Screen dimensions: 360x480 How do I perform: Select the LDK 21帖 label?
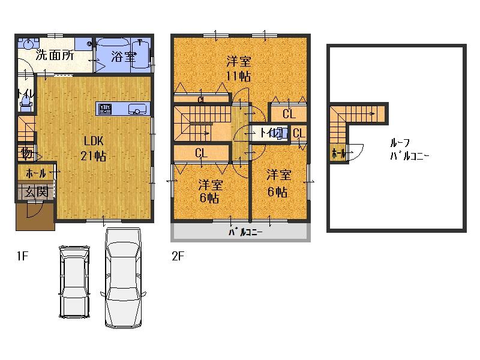tap(94, 148)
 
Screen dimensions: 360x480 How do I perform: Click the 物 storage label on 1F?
tap(26, 154)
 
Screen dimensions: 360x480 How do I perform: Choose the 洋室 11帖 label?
tap(239, 68)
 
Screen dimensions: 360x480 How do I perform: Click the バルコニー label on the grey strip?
tap(245, 233)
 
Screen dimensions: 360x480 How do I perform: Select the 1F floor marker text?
tap(22, 257)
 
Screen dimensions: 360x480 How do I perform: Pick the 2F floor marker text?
tap(177, 257)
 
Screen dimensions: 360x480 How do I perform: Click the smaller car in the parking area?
tap(74, 280)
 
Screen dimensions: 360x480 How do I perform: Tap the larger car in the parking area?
tap(122, 278)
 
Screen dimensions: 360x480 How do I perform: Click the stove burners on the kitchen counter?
tap(105, 109)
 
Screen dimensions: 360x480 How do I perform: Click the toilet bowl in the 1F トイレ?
tap(25, 106)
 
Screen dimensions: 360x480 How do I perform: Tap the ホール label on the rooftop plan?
tap(338, 154)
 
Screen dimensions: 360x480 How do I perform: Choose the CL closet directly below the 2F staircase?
tap(201, 154)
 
